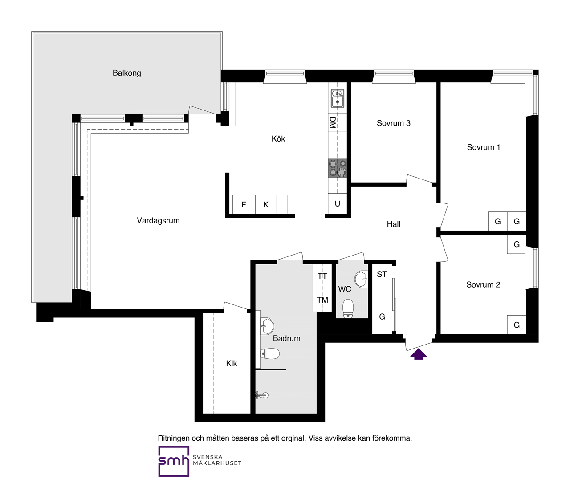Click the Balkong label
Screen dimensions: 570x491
[x=126, y=73]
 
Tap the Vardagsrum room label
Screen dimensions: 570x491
[x=158, y=220]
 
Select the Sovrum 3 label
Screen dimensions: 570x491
[x=394, y=123]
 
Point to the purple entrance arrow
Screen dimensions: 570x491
[x=418, y=354]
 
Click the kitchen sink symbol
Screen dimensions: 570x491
[x=338, y=98]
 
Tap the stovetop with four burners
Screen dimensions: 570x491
[x=338, y=168]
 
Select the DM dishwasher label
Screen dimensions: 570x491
[x=333, y=122]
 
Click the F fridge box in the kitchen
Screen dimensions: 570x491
[x=244, y=205]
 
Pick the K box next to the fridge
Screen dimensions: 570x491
[x=266, y=205]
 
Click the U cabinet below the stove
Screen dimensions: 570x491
[x=337, y=204]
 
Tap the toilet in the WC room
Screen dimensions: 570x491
[x=348, y=309]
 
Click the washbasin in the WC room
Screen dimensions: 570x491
[x=361, y=279]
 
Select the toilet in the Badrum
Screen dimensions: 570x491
[x=270, y=354]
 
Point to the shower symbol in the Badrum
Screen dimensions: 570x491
[x=262, y=395]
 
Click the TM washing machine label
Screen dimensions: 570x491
[x=322, y=300]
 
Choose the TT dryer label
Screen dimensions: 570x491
[x=322, y=276]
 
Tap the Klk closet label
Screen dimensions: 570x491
[x=232, y=363]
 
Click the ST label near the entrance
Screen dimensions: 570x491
[x=382, y=274]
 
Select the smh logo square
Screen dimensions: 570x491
[x=174, y=461]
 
